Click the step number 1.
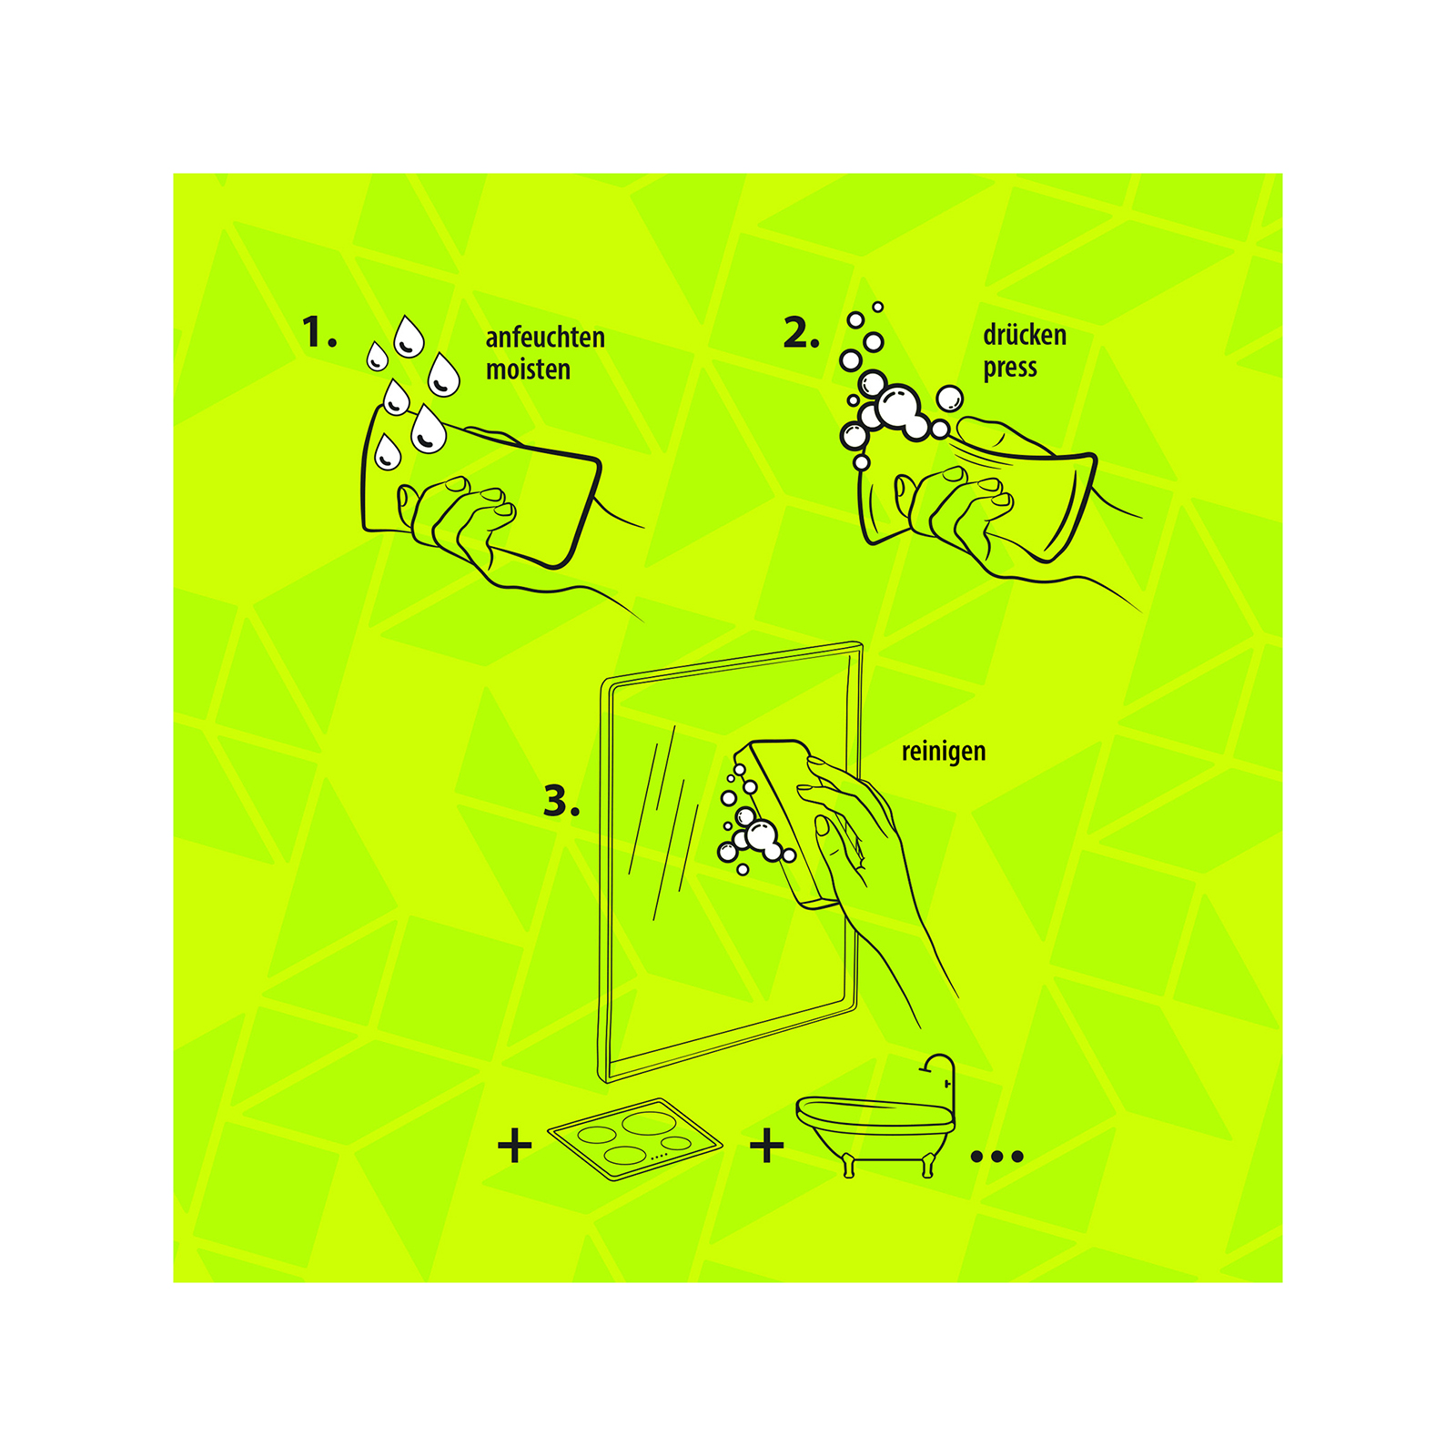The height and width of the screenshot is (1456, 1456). (318, 332)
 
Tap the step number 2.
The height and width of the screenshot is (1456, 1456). (801, 332)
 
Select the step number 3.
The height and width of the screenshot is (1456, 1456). (561, 802)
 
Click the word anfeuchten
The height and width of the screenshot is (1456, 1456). (545, 338)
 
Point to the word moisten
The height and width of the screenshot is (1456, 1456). (528, 369)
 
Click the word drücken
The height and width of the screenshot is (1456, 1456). (1025, 335)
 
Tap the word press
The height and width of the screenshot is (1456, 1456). (1010, 369)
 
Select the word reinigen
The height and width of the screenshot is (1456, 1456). (944, 752)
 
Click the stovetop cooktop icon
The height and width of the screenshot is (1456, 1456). (634, 1139)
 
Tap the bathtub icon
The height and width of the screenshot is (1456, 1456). (875, 1128)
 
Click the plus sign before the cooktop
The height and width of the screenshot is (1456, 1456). (515, 1146)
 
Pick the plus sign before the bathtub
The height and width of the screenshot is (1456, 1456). (767, 1146)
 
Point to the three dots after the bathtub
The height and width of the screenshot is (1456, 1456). (997, 1157)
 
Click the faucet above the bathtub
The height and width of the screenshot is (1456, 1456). (942, 1078)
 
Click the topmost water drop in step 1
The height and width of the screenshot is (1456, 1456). (409, 336)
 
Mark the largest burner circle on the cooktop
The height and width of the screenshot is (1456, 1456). (649, 1123)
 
